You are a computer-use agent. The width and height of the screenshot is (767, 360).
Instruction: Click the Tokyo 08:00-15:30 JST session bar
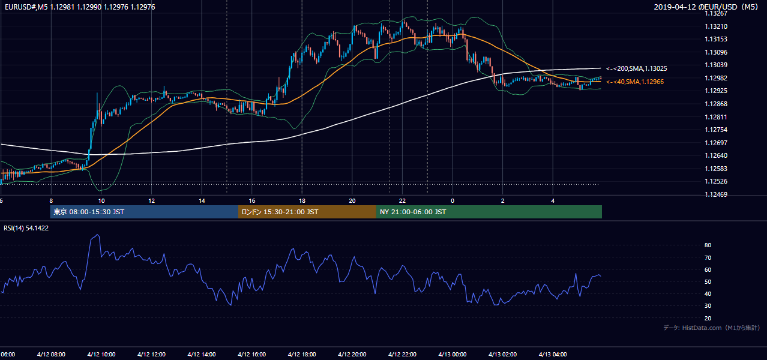[x=144, y=212]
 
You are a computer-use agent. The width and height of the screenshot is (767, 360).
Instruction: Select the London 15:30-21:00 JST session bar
[x=307, y=212]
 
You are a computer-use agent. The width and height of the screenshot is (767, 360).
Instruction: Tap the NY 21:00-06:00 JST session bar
[x=489, y=212]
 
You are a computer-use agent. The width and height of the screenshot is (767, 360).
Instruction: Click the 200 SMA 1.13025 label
[x=637, y=68]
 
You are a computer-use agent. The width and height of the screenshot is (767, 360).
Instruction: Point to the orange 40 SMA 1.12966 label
[x=635, y=82]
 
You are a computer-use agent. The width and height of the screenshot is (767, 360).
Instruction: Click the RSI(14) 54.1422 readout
[x=26, y=228]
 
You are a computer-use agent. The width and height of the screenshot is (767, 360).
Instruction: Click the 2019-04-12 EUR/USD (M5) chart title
[x=706, y=7]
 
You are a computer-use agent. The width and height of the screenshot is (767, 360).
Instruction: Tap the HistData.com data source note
[x=712, y=328]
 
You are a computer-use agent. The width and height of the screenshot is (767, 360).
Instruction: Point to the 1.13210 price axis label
[x=716, y=26]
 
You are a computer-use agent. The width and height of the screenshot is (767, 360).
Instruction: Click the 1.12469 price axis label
[x=716, y=194]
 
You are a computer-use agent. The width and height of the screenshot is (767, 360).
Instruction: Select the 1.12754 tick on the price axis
[x=716, y=130]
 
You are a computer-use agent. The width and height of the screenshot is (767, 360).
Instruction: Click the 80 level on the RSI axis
[x=708, y=245]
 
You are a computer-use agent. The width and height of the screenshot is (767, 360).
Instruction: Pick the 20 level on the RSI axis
[x=708, y=318]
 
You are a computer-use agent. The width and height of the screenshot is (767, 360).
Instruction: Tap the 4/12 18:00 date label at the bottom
[x=302, y=355]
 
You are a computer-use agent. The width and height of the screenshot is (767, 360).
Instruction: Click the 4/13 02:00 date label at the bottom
[x=502, y=355]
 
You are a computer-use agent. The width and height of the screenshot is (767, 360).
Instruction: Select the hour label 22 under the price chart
[x=402, y=201]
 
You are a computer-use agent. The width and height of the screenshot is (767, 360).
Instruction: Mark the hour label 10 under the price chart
[x=101, y=201]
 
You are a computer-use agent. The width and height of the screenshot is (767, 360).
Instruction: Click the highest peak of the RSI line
[x=98, y=235]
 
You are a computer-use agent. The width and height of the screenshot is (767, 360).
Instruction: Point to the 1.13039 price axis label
[x=716, y=65]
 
